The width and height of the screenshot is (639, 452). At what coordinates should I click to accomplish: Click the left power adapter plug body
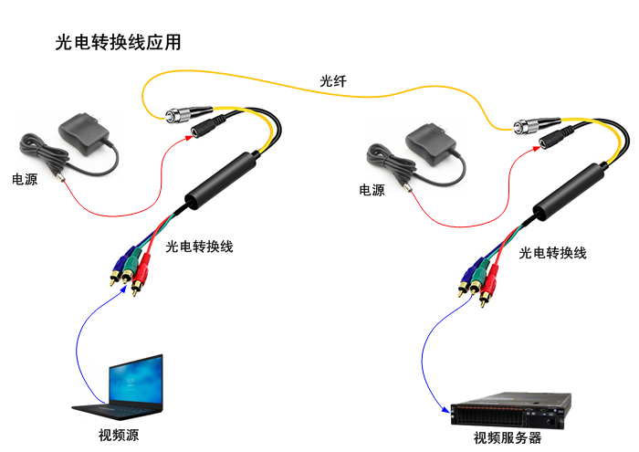pos(83,135)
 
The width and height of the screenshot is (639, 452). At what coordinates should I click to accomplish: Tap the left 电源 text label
pos(25,179)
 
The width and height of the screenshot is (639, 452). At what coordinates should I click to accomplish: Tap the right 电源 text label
pos(372,190)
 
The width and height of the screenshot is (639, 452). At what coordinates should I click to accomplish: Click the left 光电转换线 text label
pos(199,246)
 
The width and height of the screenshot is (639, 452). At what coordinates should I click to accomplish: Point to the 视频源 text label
pos(118,434)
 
